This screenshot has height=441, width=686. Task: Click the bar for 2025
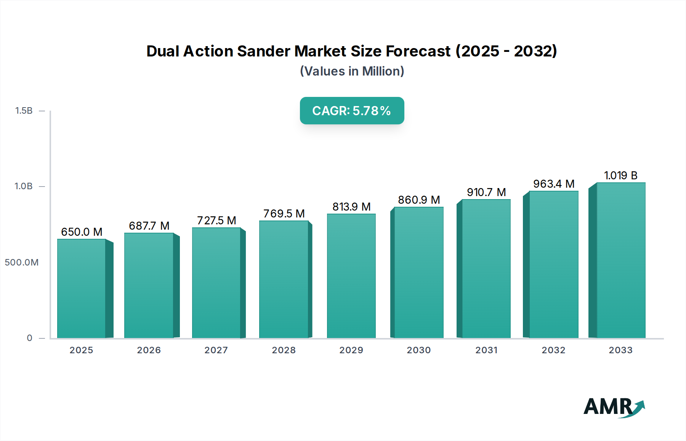[x=81, y=288]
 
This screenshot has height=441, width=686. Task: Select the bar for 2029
[x=351, y=276]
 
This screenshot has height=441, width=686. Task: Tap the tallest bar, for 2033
[x=621, y=260]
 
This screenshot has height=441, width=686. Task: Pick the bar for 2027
[x=216, y=283]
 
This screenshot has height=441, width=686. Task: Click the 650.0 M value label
[x=82, y=232]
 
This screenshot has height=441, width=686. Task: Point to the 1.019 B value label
[x=621, y=175]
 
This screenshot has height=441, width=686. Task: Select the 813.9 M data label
[x=351, y=207]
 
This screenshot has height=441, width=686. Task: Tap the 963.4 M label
[x=554, y=184]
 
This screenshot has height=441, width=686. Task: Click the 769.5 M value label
[x=284, y=214]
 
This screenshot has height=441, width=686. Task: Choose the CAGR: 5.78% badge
[x=352, y=111]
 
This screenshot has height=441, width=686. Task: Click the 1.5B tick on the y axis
[x=24, y=111]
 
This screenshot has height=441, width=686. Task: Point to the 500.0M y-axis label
[x=21, y=262]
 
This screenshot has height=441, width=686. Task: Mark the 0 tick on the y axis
[x=29, y=338]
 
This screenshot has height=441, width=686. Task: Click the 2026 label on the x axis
[x=149, y=350]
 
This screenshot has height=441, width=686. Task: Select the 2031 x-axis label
[x=486, y=350]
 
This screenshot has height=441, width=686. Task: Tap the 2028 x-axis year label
[x=284, y=350]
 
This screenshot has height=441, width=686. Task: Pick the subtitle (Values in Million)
[x=352, y=71]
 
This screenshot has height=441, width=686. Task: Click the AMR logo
[x=614, y=407]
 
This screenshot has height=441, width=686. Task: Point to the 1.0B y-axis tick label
[x=24, y=186]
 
